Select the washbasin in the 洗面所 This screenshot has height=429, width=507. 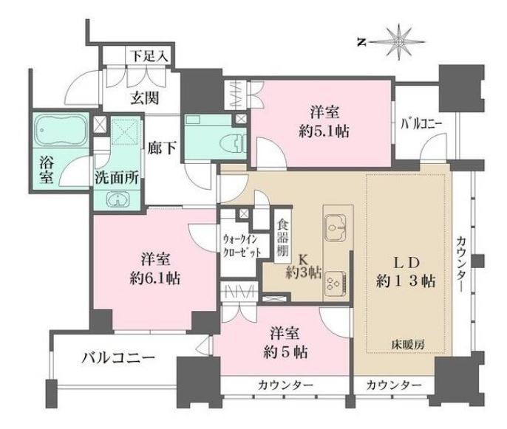118,199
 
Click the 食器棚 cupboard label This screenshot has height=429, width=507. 282,233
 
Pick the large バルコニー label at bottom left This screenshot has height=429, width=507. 118,360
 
